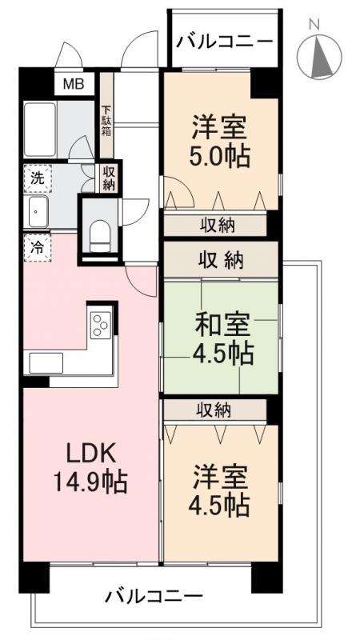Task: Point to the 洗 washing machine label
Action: [37, 178]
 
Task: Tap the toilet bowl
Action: [99, 234]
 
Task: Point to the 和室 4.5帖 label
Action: [222, 338]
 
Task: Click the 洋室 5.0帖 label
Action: [220, 140]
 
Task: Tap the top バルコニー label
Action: [224, 41]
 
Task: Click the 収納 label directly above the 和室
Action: [221, 259]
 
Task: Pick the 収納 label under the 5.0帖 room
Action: [217, 226]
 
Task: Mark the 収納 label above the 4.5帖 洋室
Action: [215, 410]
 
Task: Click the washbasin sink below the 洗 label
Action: [37, 213]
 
